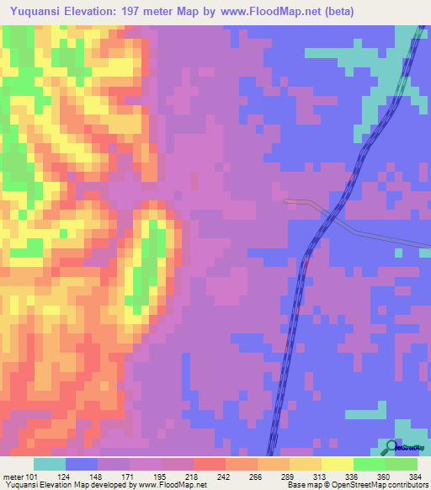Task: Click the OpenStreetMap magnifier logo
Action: pos(392,447)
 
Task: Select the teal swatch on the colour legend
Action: pos(50,464)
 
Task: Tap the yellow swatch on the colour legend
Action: pos(338,464)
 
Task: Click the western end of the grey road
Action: pos(286,201)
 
